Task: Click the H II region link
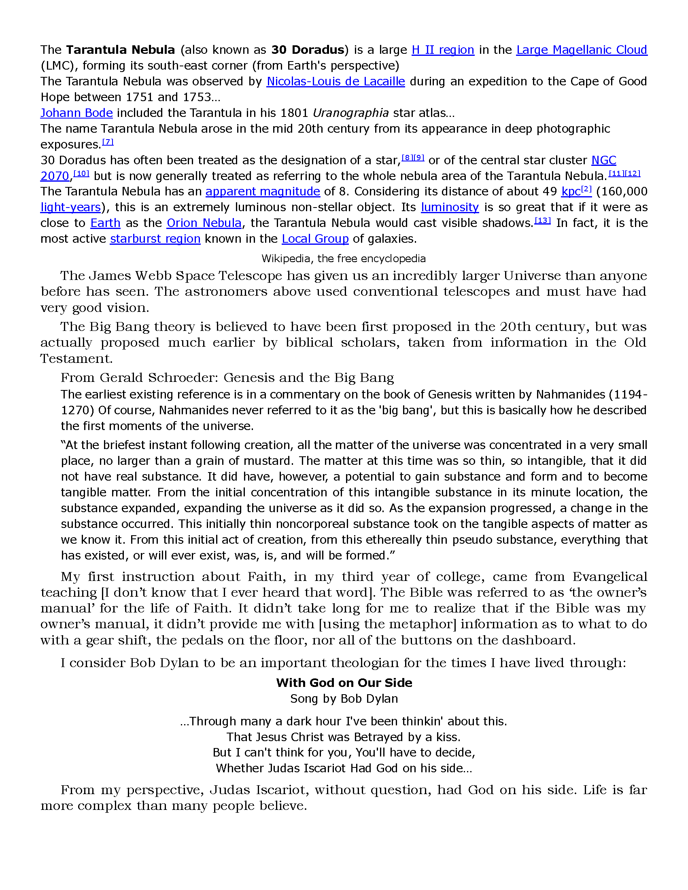point(443,50)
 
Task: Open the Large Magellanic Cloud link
point(582,50)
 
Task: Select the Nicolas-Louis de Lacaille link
point(336,81)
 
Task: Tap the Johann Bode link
point(76,113)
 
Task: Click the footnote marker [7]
point(108,142)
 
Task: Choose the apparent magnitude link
point(263,191)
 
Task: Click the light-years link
point(70,208)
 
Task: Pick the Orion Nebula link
point(204,223)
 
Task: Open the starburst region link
point(155,239)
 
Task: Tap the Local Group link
point(315,239)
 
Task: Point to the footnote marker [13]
point(542,220)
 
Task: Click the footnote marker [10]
point(81,174)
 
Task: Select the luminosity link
point(450,208)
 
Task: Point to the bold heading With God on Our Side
point(344,682)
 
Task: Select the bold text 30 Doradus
point(308,50)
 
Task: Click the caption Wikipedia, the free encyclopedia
point(343,259)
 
